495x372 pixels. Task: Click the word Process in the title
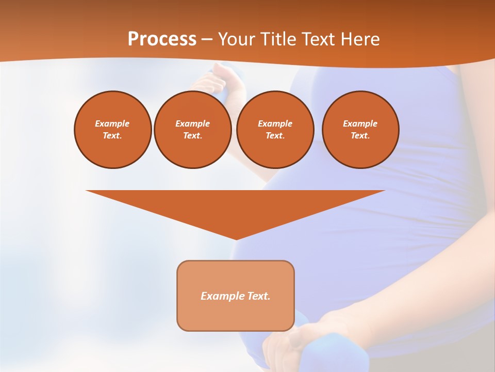[162, 39]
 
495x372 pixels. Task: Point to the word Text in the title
[318, 39]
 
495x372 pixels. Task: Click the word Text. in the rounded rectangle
[258, 296]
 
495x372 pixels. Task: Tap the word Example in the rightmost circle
[360, 123]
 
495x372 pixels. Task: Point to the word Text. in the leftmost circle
[112, 135]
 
